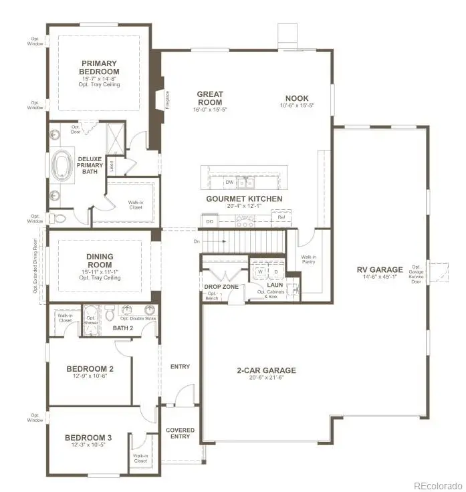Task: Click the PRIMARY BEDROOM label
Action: tap(100, 68)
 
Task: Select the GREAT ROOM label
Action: tap(209, 98)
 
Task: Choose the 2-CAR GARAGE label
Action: tap(265, 370)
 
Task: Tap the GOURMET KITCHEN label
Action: tap(244, 199)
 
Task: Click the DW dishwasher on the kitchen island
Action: tap(229, 182)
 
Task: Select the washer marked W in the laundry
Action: tap(259, 272)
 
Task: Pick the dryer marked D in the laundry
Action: tap(274, 272)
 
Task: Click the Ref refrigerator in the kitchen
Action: tap(281, 218)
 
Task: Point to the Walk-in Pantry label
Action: tap(309, 260)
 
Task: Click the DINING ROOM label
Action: tap(99, 260)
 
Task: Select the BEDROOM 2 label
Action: tap(90, 368)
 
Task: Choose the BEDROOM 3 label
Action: tap(88, 439)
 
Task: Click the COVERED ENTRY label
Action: tap(180, 433)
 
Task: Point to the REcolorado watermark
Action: tap(437, 485)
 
